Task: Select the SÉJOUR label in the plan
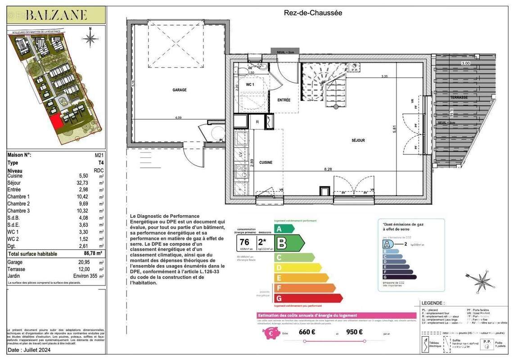358,140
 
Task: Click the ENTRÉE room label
284,100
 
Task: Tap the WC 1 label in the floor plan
250,85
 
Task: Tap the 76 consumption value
245,242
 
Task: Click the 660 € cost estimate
307,333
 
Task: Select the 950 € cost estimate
354,333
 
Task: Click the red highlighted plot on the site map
56,122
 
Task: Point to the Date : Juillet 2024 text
30,350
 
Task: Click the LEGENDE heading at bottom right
432,303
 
